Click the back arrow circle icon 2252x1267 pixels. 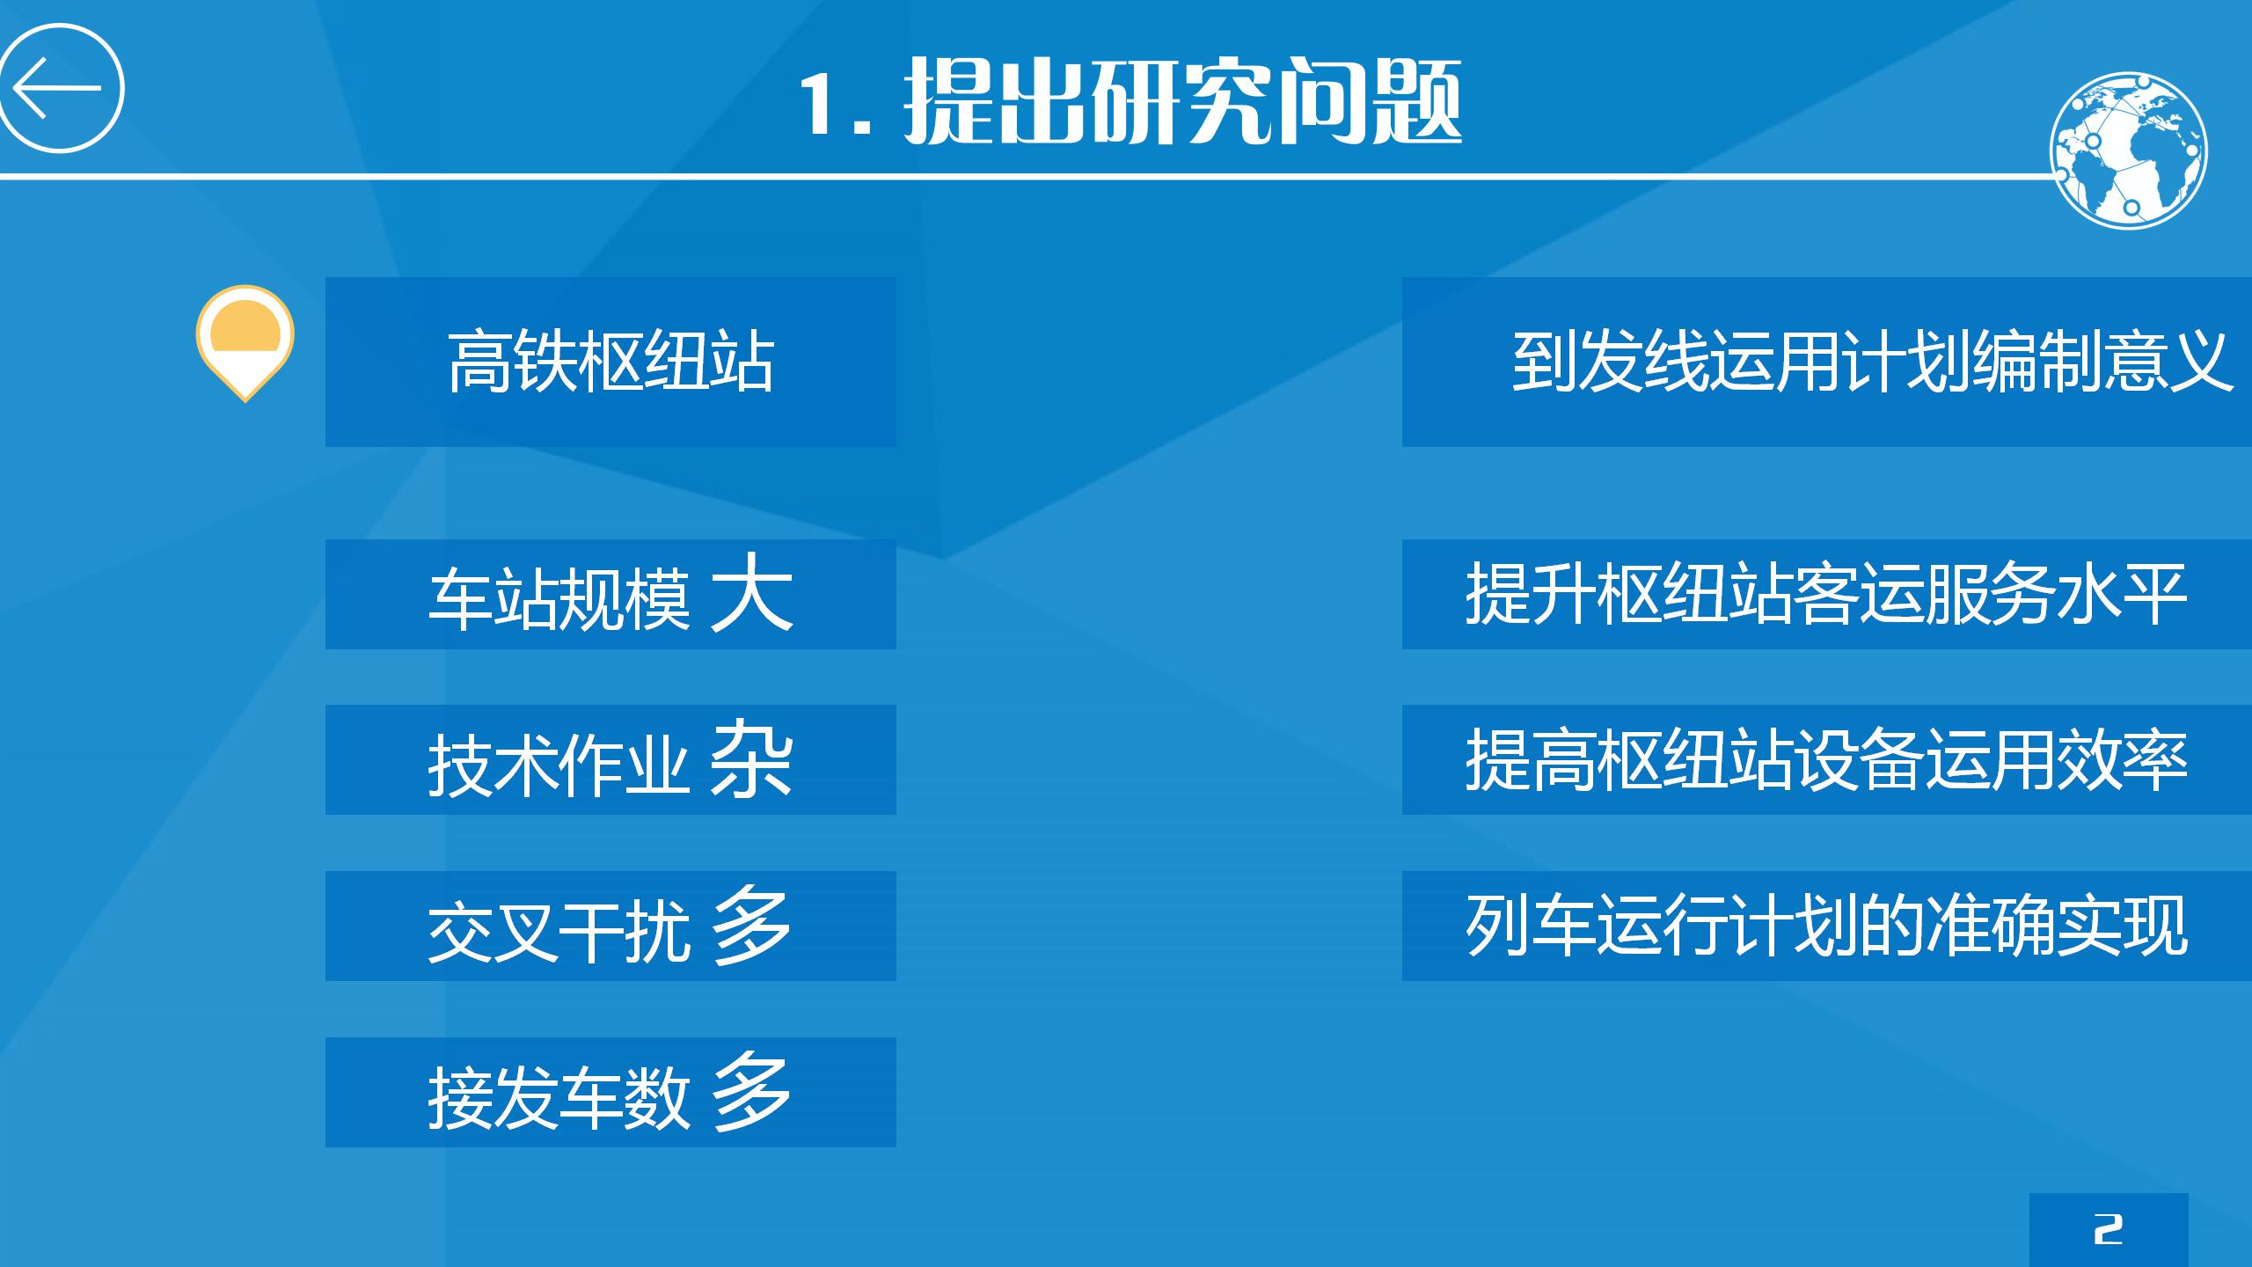62,88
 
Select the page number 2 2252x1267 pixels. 2108,1228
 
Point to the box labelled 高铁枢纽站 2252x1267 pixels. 611,362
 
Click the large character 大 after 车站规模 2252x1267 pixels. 751,593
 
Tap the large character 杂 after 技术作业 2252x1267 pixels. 751,758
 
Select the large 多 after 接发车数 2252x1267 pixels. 751,1091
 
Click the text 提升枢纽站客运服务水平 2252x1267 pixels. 1826,595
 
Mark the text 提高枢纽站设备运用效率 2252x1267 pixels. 1826,760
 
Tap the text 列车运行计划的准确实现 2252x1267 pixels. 1826,926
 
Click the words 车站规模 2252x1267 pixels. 559,598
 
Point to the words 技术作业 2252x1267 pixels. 559,764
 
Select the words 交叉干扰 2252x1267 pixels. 559,929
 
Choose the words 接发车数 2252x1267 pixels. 559,1096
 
